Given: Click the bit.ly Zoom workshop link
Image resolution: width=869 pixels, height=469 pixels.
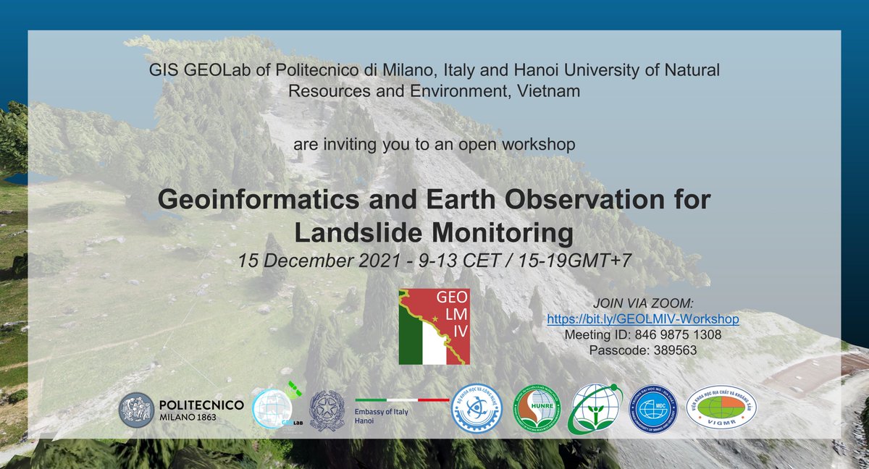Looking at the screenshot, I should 642,319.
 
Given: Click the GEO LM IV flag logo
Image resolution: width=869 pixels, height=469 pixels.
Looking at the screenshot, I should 434,326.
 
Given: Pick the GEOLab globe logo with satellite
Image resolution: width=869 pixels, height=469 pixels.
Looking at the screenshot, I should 274,410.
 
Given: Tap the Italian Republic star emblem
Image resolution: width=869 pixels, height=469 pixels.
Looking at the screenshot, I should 327,410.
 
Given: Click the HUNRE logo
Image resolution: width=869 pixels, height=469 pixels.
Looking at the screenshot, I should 536,410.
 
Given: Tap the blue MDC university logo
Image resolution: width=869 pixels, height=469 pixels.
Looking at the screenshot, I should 652,409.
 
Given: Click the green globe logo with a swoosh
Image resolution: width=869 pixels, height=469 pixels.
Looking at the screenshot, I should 593,409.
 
